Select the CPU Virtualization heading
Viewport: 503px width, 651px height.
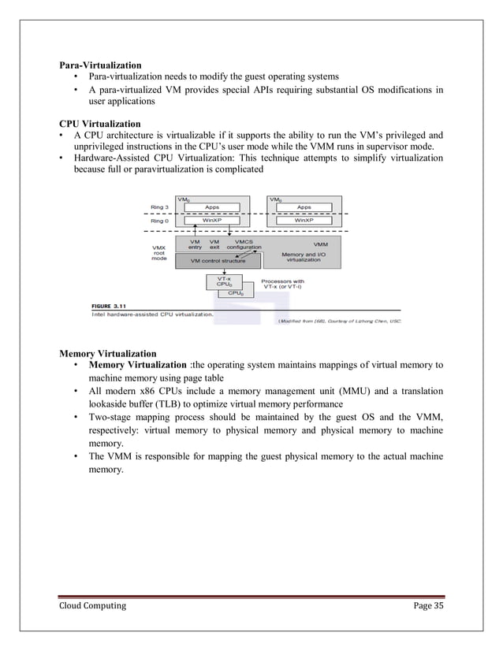[x=100, y=124]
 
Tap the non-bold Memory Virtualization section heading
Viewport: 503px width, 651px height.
[x=107, y=352]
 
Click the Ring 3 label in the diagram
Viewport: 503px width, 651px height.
[x=158, y=206]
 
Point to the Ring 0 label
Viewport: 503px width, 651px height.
[x=158, y=221]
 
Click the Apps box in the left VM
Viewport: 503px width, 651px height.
[x=213, y=206]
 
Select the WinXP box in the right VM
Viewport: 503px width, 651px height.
[x=304, y=221]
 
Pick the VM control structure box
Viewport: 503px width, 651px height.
[x=213, y=260]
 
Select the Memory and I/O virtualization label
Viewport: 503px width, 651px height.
[x=304, y=258]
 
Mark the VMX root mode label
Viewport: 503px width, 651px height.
[x=158, y=252]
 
